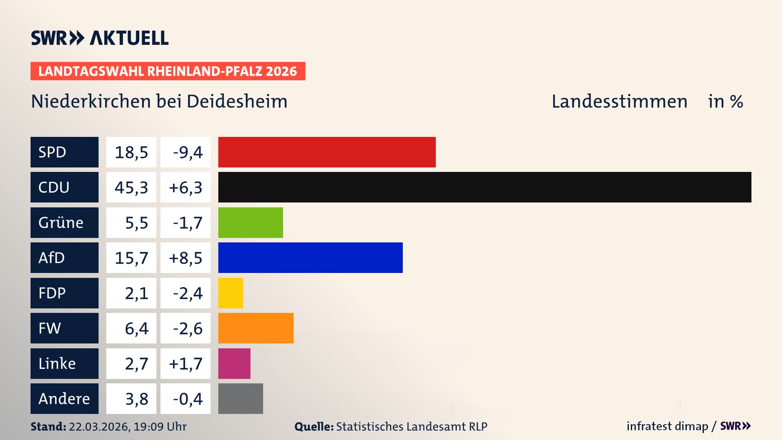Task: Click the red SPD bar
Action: [x=327, y=152]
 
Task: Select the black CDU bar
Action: [x=485, y=187]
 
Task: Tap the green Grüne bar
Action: [x=250, y=222]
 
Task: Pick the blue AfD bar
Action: [x=310, y=257]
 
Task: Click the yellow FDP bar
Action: [x=231, y=293]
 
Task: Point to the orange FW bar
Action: [x=256, y=328]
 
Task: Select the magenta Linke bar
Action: [x=234, y=363]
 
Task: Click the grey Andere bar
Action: [x=240, y=398]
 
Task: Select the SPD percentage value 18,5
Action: [x=131, y=152]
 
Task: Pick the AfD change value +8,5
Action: [x=185, y=257]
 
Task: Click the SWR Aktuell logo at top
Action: [x=100, y=38]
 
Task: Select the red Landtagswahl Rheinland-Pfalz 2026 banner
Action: [x=168, y=71]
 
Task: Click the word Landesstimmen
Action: [x=619, y=101]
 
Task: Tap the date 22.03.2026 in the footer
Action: [x=99, y=427]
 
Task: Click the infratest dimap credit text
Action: [x=667, y=426]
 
